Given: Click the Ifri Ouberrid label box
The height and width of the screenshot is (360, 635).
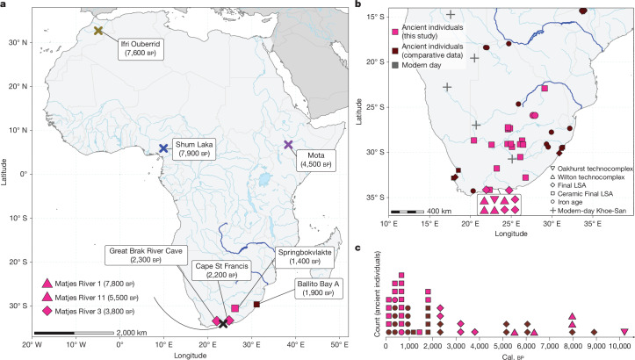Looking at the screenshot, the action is tap(141, 48).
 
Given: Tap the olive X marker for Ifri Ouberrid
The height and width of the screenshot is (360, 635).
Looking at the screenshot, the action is tap(98, 31).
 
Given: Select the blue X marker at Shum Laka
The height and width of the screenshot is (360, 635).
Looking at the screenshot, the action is tap(163, 148).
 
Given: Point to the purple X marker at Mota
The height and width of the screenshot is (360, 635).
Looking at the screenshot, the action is tap(288, 145).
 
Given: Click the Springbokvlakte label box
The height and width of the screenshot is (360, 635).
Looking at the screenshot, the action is tap(305, 256).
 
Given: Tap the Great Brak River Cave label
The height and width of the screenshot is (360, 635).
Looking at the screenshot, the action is tap(146, 256).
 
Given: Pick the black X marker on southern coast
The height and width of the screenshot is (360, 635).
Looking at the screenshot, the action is tap(223, 323).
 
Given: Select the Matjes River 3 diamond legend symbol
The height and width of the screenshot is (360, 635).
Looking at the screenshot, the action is tap(47, 312).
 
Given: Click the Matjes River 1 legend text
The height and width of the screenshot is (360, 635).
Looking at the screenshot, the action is tap(95, 284).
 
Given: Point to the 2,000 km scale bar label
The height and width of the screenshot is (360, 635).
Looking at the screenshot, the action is tap(132, 333).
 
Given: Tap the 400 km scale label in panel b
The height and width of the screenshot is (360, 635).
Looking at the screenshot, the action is tap(439, 211).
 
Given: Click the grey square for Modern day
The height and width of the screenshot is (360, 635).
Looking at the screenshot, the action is tap(395, 65).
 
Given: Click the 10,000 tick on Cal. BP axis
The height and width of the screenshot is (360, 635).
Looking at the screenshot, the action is tap(619, 347).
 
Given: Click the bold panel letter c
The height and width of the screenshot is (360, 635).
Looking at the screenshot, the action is tap(357, 248).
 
